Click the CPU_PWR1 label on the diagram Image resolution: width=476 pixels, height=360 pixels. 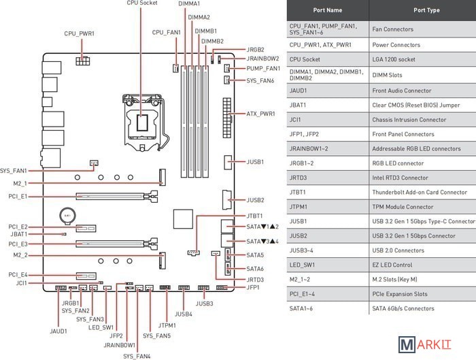tap(79, 33)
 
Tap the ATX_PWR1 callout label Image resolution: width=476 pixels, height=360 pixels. tap(260, 114)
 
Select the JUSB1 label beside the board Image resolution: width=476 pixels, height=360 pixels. tap(255, 162)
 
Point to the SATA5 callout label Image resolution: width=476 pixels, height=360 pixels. tap(255, 255)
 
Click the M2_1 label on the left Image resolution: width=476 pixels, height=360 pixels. tap(20, 183)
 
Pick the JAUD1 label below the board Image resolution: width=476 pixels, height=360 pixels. tap(58, 331)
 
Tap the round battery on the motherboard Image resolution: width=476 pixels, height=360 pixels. tap(67, 218)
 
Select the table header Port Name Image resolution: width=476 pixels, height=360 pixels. tap(328, 10)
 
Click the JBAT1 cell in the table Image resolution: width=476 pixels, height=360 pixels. tap(299, 105)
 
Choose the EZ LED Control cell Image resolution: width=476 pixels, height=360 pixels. tap(393, 265)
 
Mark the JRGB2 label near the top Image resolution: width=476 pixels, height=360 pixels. tap(255, 50)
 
